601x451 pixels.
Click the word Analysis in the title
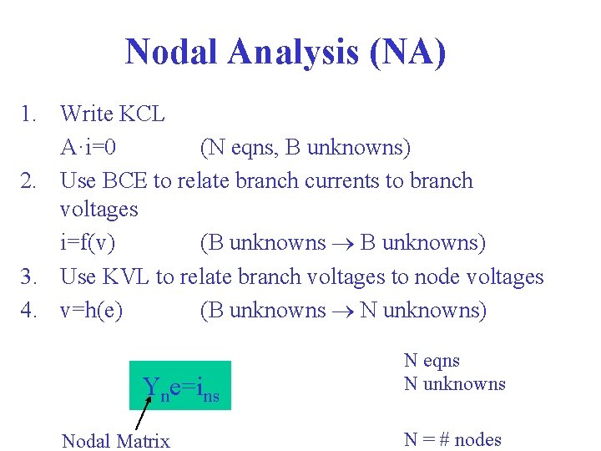click(x=288, y=53)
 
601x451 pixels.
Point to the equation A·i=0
click(x=88, y=148)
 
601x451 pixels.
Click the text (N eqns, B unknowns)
click(x=305, y=148)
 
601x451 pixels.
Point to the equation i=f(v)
click(x=88, y=243)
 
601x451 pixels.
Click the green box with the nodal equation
click(x=179, y=386)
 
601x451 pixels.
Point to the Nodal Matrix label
click(x=116, y=441)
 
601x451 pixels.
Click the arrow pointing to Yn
click(x=143, y=413)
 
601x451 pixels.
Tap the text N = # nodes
click(x=452, y=439)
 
